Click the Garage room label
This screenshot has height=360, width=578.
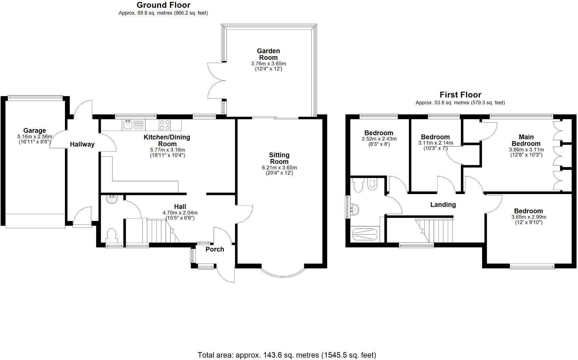(x=35, y=131)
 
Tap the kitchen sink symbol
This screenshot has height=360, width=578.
(x=128, y=125)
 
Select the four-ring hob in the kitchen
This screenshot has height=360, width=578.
(x=165, y=125)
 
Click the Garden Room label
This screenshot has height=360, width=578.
(x=268, y=54)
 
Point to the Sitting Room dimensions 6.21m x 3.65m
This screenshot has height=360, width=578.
(x=279, y=168)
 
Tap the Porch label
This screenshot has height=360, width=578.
(x=215, y=249)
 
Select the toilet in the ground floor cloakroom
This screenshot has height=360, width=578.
(x=112, y=235)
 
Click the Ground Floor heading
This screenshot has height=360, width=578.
(x=163, y=5)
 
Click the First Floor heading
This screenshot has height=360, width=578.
(x=460, y=95)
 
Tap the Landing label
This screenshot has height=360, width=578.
(x=443, y=205)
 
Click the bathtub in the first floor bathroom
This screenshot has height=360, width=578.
(x=365, y=234)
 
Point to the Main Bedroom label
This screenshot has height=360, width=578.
(x=526, y=140)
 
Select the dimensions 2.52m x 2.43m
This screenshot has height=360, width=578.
(x=379, y=139)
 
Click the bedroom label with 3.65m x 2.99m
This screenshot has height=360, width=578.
(x=528, y=211)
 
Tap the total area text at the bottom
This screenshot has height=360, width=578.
(x=286, y=355)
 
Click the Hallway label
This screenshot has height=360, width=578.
(x=82, y=144)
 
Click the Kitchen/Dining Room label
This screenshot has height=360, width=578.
(x=167, y=140)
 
